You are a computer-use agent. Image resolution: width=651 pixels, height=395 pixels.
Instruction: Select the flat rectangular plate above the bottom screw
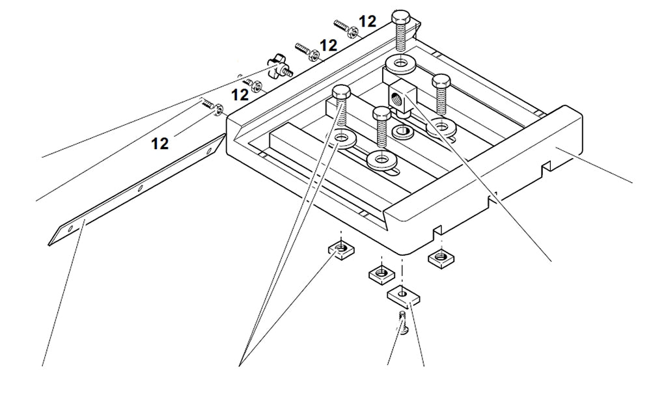(x=404, y=297)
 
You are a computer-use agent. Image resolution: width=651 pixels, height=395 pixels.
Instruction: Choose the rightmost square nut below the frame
(x=440, y=258)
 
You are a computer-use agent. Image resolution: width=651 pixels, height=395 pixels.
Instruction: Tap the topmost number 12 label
(x=367, y=21)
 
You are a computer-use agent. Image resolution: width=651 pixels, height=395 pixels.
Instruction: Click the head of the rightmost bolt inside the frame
(x=441, y=81)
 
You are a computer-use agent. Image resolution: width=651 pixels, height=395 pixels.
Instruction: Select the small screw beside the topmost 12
(x=343, y=25)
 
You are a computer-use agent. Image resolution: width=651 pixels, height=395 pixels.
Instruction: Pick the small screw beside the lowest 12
(x=208, y=103)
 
